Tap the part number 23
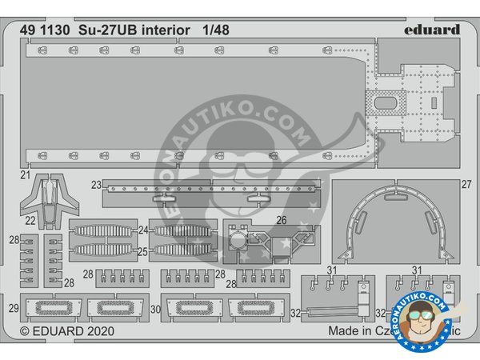click(x=96, y=186)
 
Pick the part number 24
click(x=144, y=230)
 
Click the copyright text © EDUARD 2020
click(x=67, y=330)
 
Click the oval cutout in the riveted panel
click(x=386, y=103)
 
